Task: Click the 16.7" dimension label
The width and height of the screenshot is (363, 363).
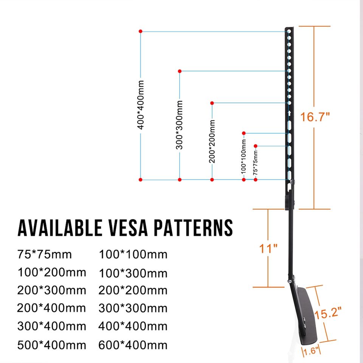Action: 315,117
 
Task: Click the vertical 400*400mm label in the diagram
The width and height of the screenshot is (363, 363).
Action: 141,104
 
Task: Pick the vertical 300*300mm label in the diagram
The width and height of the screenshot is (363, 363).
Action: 180,124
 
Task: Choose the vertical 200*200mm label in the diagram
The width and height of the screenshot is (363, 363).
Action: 212,141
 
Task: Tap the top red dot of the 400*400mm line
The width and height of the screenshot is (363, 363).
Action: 141,31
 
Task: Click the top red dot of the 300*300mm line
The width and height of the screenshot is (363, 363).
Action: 180,71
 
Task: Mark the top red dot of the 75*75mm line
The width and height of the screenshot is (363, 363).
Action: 256,146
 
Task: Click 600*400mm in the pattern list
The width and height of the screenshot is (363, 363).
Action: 133,345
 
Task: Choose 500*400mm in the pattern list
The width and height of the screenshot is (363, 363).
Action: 52,345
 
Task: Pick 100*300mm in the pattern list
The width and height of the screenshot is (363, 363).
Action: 133,273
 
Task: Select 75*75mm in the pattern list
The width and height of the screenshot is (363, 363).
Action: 44,254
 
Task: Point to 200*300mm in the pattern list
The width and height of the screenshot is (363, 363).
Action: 52,290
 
